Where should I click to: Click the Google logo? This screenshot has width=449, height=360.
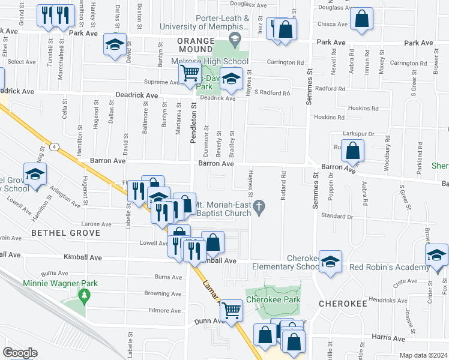click(19, 353)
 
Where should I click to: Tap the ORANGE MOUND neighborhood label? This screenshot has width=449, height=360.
click(196, 40)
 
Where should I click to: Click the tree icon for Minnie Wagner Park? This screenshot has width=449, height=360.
click(84, 295)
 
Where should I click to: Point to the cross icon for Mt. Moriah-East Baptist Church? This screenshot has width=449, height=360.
click(259, 209)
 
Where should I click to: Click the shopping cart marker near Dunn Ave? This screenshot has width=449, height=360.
click(231, 310)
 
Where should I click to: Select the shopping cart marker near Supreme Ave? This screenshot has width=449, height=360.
click(190, 74)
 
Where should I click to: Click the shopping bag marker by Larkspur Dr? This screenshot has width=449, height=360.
click(353, 150)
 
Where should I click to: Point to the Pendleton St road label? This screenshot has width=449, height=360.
click(193, 123)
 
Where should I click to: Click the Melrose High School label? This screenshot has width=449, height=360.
click(220, 62)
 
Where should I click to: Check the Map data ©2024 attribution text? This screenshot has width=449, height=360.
click(423, 355)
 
